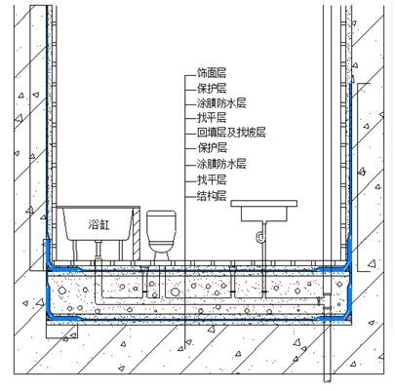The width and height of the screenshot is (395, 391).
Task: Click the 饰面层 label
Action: pyautogui.click(x=212, y=73)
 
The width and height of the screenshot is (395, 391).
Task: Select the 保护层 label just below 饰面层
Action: pyautogui.click(x=212, y=88)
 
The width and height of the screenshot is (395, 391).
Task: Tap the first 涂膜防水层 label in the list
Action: pyautogui.click(x=221, y=103)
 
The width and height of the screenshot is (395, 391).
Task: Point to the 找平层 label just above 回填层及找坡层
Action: pyautogui.click(x=212, y=118)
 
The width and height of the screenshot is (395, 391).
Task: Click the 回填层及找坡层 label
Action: pyautogui.click(x=231, y=133)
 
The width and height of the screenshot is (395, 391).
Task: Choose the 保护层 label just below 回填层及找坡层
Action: pyautogui.click(x=213, y=148)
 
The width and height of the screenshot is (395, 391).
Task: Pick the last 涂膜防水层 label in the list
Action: pyautogui.click(x=221, y=164)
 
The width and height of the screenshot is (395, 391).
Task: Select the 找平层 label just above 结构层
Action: pyautogui.click(x=212, y=179)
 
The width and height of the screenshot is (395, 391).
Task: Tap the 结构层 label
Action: pyautogui.click(x=212, y=196)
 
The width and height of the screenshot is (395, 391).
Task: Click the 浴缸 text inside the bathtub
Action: pyautogui.click(x=99, y=224)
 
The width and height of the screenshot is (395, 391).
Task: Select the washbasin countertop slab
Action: pyautogui.click(x=264, y=204)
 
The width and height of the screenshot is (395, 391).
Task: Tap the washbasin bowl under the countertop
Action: pyautogui.click(x=264, y=215)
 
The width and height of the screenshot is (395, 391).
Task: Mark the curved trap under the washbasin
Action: pyautogui.click(x=261, y=237)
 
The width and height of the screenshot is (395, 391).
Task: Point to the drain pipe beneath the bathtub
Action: pyautogui.click(x=99, y=251)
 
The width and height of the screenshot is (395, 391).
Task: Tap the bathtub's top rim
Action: pyautogui.click(x=99, y=207)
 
